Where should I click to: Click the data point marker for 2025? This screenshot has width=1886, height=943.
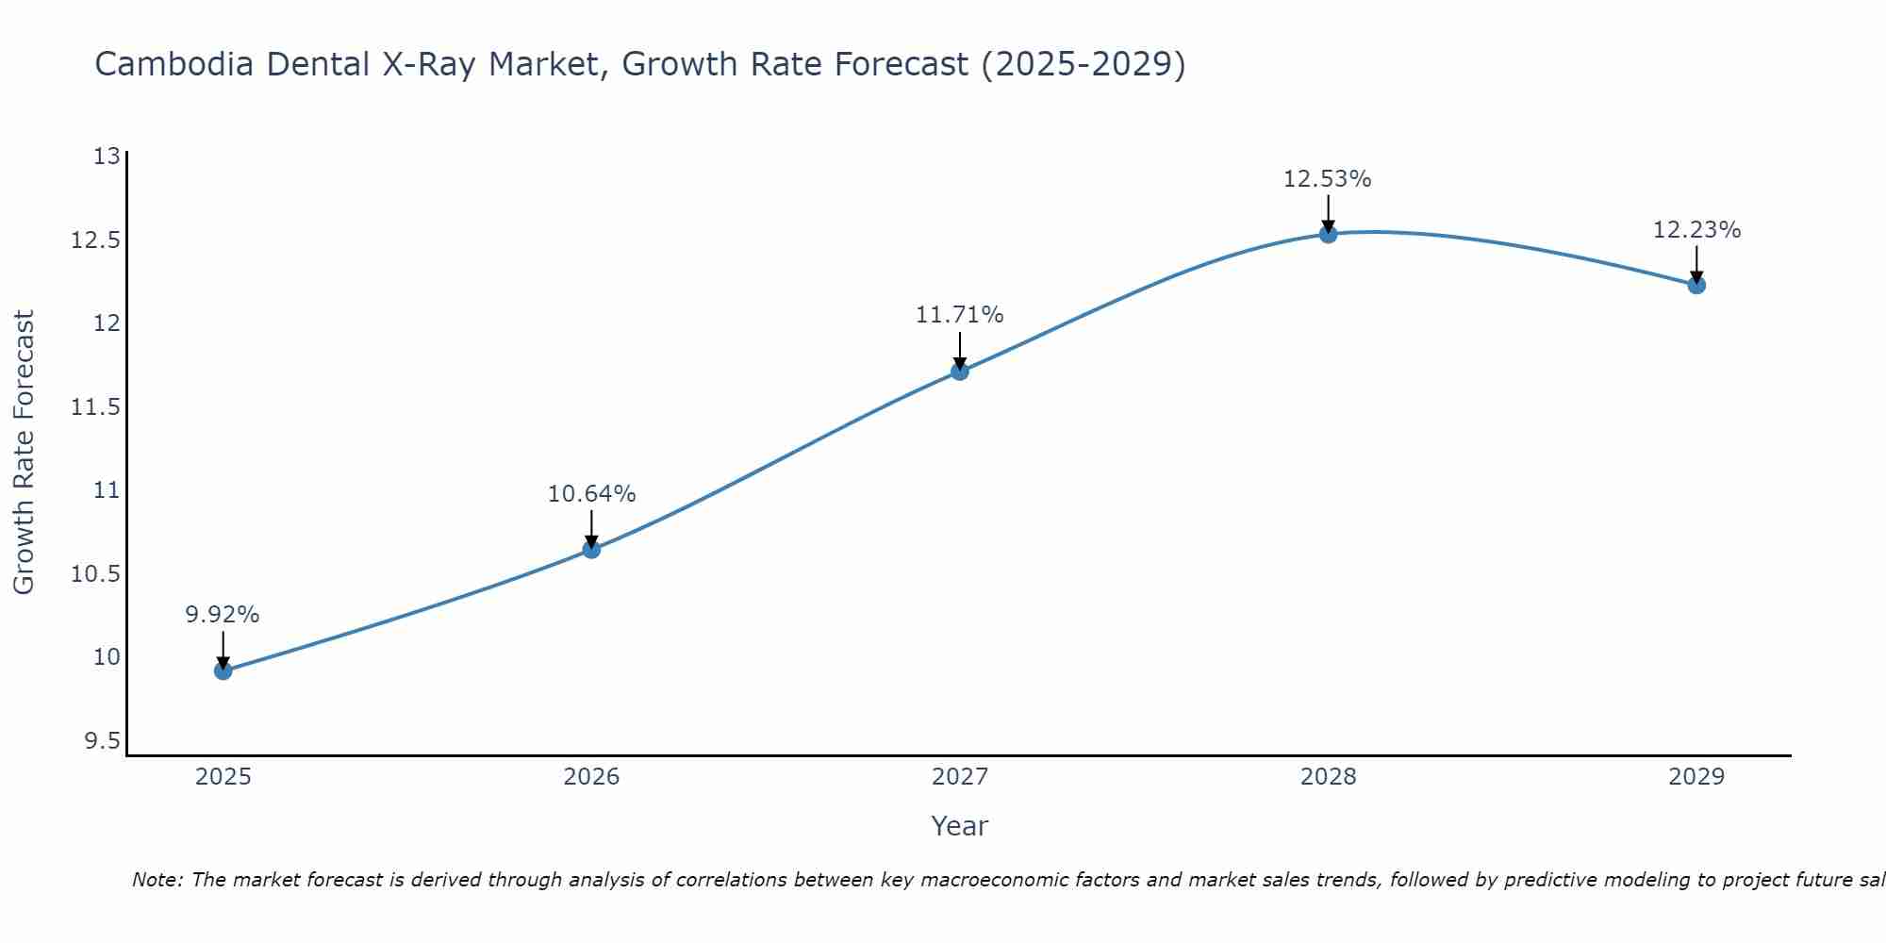click(x=223, y=670)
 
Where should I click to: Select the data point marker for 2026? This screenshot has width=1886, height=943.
click(x=591, y=549)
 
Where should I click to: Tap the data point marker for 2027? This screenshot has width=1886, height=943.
click(x=960, y=371)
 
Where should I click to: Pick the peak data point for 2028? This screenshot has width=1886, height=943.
click(x=1328, y=234)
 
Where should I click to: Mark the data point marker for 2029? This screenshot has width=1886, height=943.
click(x=1696, y=285)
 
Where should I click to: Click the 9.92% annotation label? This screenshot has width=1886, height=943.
click(x=223, y=615)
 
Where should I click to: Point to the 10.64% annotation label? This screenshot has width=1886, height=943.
click(x=591, y=494)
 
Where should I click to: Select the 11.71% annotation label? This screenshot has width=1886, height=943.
click(x=960, y=315)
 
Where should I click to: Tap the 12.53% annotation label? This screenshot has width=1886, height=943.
click(x=1328, y=179)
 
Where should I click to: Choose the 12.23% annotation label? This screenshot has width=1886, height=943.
click(x=1696, y=230)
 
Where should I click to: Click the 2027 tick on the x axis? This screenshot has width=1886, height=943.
click(x=960, y=777)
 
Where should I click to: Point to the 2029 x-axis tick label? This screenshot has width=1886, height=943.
click(x=1696, y=777)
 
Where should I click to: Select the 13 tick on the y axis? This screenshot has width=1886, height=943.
click(x=108, y=157)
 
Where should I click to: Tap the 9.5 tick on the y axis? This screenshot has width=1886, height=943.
click(x=102, y=742)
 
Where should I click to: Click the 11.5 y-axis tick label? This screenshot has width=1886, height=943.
click(x=96, y=407)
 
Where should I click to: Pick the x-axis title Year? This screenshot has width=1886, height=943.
click(x=960, y=826)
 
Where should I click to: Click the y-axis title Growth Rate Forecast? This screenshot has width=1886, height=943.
click(x=24, y=453)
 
